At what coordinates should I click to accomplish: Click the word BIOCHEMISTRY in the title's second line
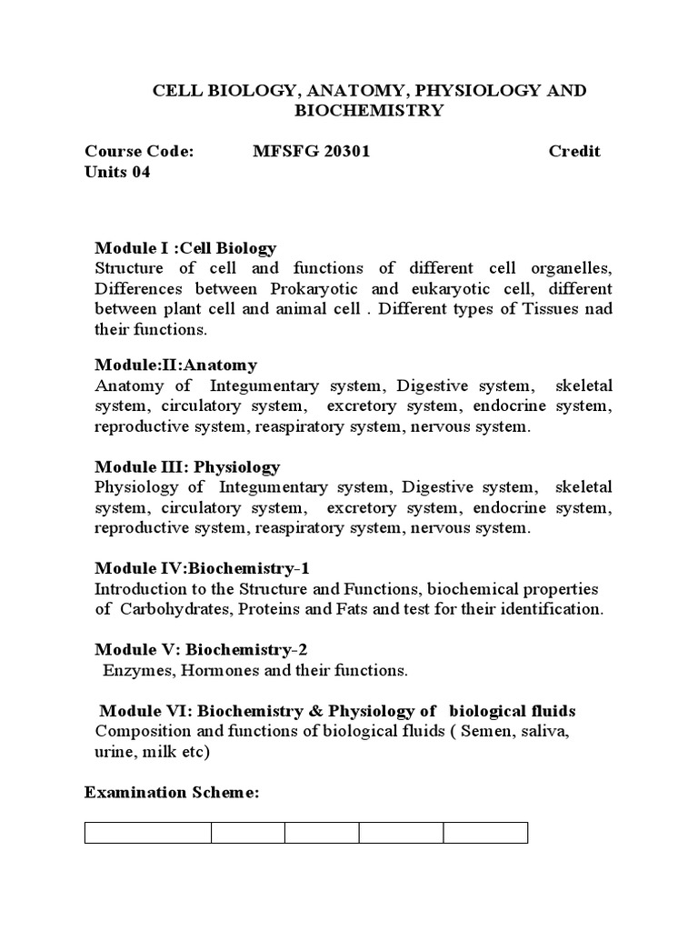point(369,111)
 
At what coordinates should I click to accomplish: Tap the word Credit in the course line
point(574,151)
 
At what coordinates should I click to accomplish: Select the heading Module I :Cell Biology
point(185,248)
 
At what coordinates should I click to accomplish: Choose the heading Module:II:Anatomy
point(176,365)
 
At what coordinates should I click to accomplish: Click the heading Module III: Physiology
point(187,466)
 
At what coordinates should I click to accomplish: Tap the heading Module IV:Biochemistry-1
point(203,568)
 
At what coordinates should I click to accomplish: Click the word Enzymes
point(135,670)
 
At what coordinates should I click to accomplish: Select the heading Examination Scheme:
point(172,793)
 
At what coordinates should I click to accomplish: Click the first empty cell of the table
point(148,833)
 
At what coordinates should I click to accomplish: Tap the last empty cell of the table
point(485,833)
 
